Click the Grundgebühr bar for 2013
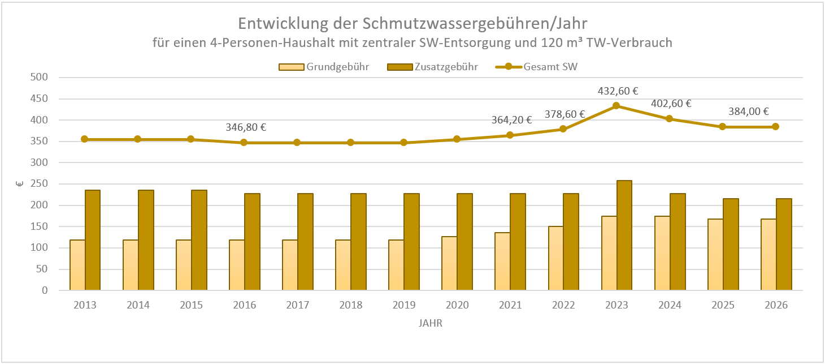pos(77,265)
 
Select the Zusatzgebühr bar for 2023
pos(624,235)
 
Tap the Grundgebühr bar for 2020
pos(449,263)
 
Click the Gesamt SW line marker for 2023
pos(616,106)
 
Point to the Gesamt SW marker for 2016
pos(244,143)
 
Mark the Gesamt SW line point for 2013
pos(85,139)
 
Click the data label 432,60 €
pos(617,91)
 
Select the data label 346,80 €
pos(246,127)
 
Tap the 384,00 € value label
pos(750,112)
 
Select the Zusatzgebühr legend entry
pos(433,67)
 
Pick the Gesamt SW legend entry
pos(537,67)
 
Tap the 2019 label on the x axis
pos(403,305)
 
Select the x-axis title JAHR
pos(431,324)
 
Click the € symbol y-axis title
pos(18,184)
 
